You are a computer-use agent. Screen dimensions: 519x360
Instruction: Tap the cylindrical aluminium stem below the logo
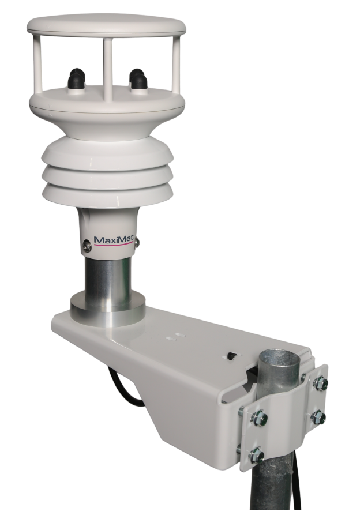coord(107,275)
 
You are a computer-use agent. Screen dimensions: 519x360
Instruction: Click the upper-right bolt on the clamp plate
coord(322,382)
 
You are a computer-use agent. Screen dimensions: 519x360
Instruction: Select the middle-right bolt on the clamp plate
coord(318,416)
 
